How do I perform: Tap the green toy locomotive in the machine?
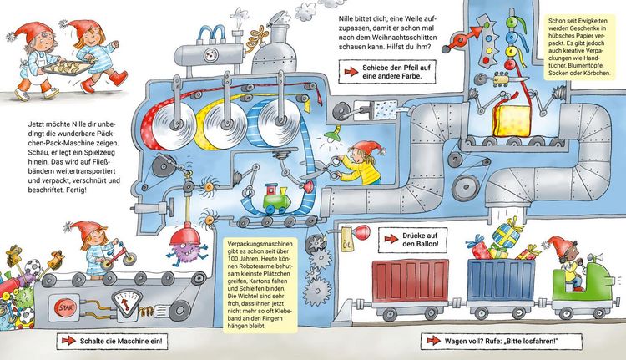pos(277,198)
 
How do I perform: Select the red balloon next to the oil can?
pos(362,231)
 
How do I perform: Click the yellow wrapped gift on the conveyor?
pos(512,120)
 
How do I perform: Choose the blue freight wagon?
pos(501,280)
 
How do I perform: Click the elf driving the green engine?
pos(567,261)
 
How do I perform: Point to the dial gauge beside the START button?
pos(128,302)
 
